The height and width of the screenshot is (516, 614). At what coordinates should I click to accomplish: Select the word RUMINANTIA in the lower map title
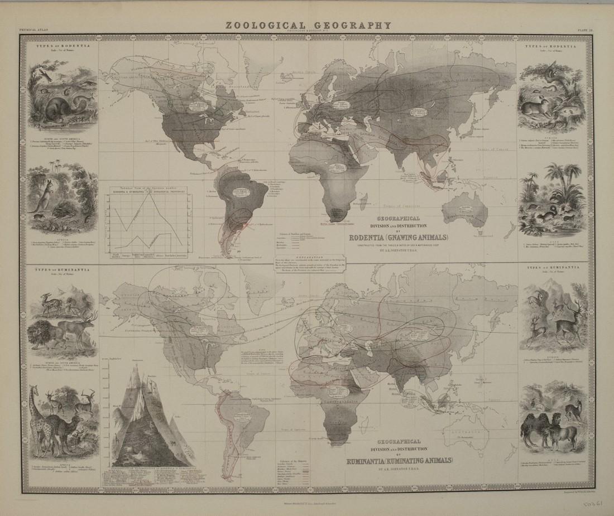368,461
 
